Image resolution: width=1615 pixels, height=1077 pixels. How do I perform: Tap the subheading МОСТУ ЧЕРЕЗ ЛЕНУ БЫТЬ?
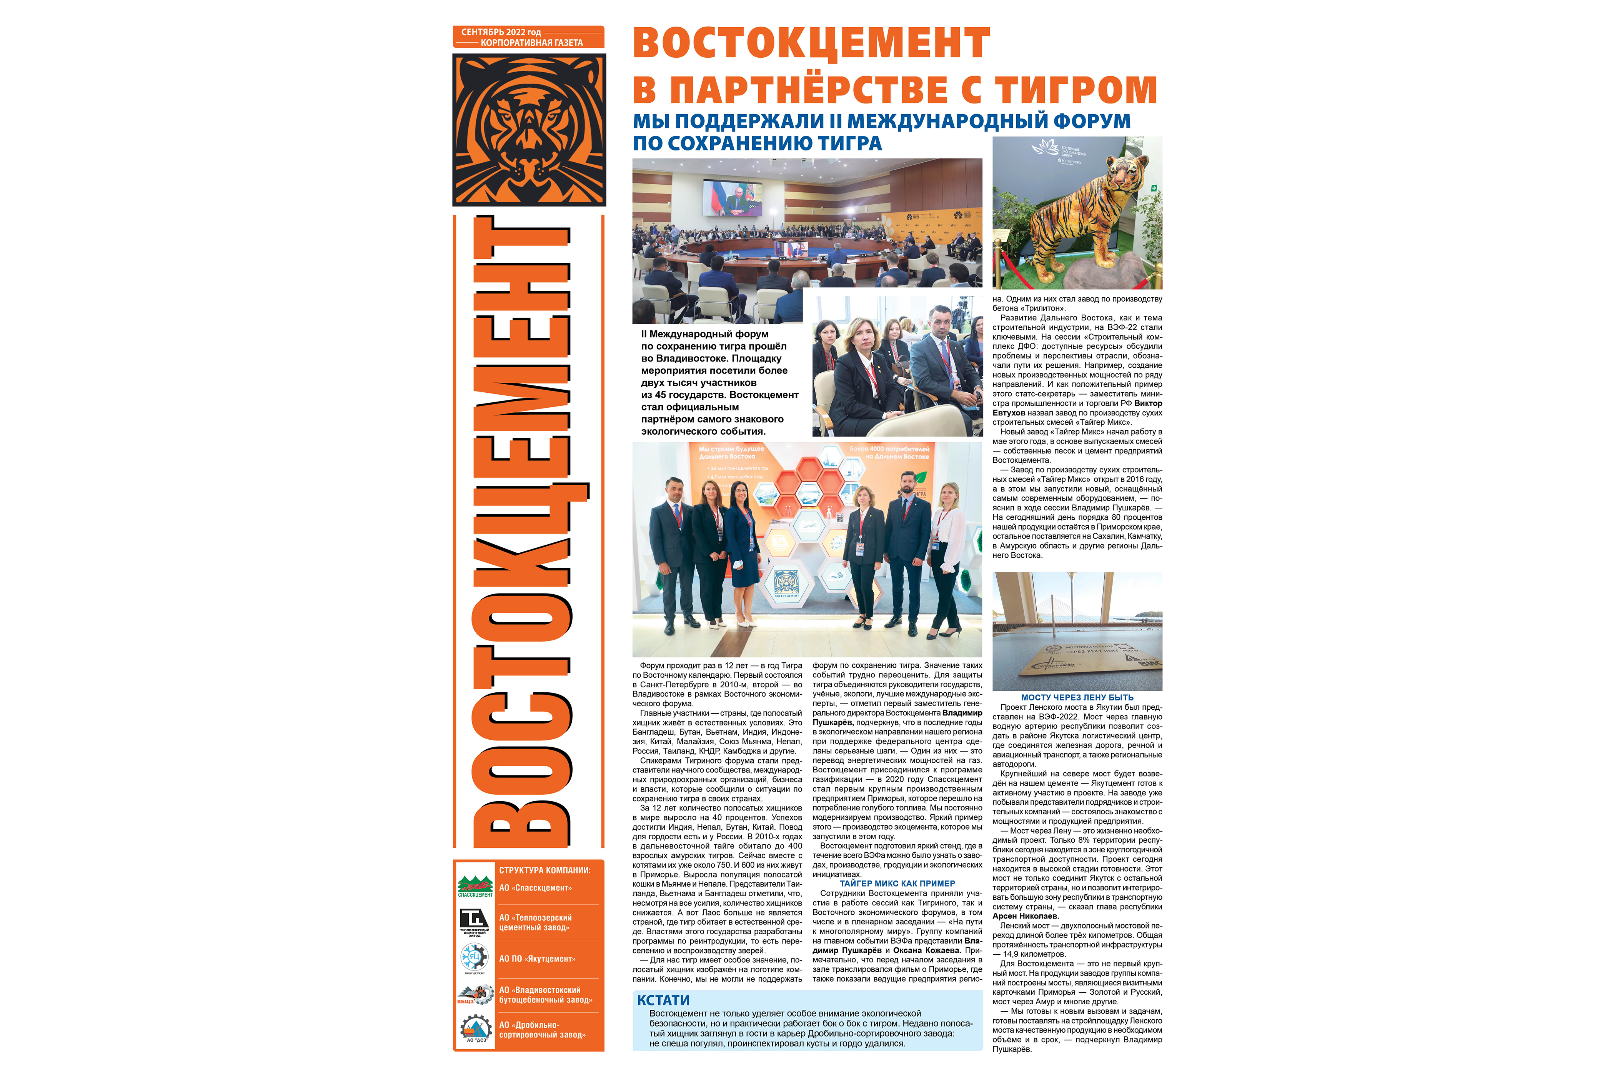click(x=1077, y=697)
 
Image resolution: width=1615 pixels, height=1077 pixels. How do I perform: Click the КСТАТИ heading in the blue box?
click(x=663, y=1000)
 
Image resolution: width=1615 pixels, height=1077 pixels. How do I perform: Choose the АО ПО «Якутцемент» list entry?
click(x=537, y=959)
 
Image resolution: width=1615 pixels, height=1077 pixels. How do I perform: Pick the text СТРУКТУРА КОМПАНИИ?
click(x=544, y=870)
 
